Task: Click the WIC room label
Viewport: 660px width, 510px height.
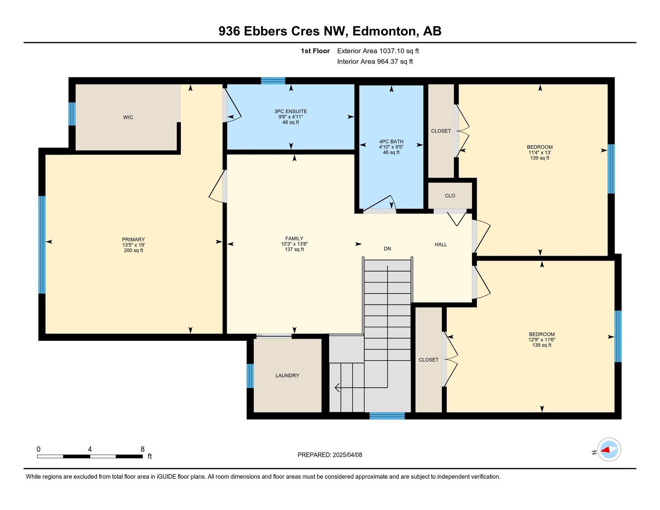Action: coord(128,118)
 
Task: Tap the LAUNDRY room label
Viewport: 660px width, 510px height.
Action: coord(287,376)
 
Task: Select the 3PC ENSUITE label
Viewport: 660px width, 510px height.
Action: coord(291,111)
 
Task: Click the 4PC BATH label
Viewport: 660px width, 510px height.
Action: coord(391,141)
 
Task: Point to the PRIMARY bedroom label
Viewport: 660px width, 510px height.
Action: coord(133,240)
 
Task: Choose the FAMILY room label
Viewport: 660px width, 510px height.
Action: coord(294,239)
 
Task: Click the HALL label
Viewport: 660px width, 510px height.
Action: coord(441,245)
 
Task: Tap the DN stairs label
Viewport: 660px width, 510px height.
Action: coord(387,249)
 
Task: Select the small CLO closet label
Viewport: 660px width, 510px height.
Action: coord(450,196)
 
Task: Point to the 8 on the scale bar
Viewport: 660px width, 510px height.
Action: coord(143,449)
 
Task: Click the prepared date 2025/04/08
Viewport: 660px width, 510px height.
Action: coord(348,455)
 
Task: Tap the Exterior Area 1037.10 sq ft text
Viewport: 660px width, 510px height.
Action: coord(378,51)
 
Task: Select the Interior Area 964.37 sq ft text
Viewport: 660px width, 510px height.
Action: coord(375,62)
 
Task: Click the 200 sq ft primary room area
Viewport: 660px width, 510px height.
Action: coord(133,251)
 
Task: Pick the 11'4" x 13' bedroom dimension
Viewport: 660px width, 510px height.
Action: coord(540,153)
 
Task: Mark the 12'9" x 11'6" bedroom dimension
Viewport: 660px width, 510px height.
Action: coord(542,340)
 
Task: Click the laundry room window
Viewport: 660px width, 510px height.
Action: coord(250,376)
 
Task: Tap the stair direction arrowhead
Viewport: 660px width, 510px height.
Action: coord(337,388)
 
